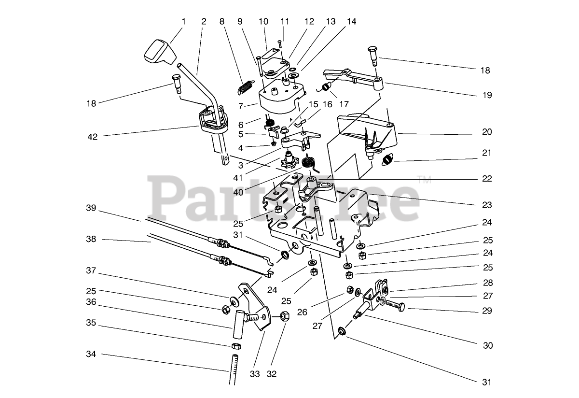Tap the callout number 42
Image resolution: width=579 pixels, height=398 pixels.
coord(92,137)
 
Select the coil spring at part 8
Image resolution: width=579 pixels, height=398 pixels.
coord(247,87)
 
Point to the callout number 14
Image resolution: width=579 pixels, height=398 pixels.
coord(351,22)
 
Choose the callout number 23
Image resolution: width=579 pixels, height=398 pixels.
coord(486,205)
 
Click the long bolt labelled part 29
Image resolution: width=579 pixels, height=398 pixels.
coord(394,305)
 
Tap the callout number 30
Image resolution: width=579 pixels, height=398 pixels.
coord(487,345)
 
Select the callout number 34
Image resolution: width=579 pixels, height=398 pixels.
coord(92,354)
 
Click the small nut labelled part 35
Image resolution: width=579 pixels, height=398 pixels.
coord(236,346)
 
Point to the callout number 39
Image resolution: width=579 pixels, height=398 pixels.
coord(92,208)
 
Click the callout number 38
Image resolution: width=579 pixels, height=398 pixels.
coord(92,239)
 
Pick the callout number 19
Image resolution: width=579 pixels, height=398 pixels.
coord(486,95)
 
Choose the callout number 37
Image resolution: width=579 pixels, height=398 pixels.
coord(92,270)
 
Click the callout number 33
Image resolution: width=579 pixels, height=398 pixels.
coord(255,373)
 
